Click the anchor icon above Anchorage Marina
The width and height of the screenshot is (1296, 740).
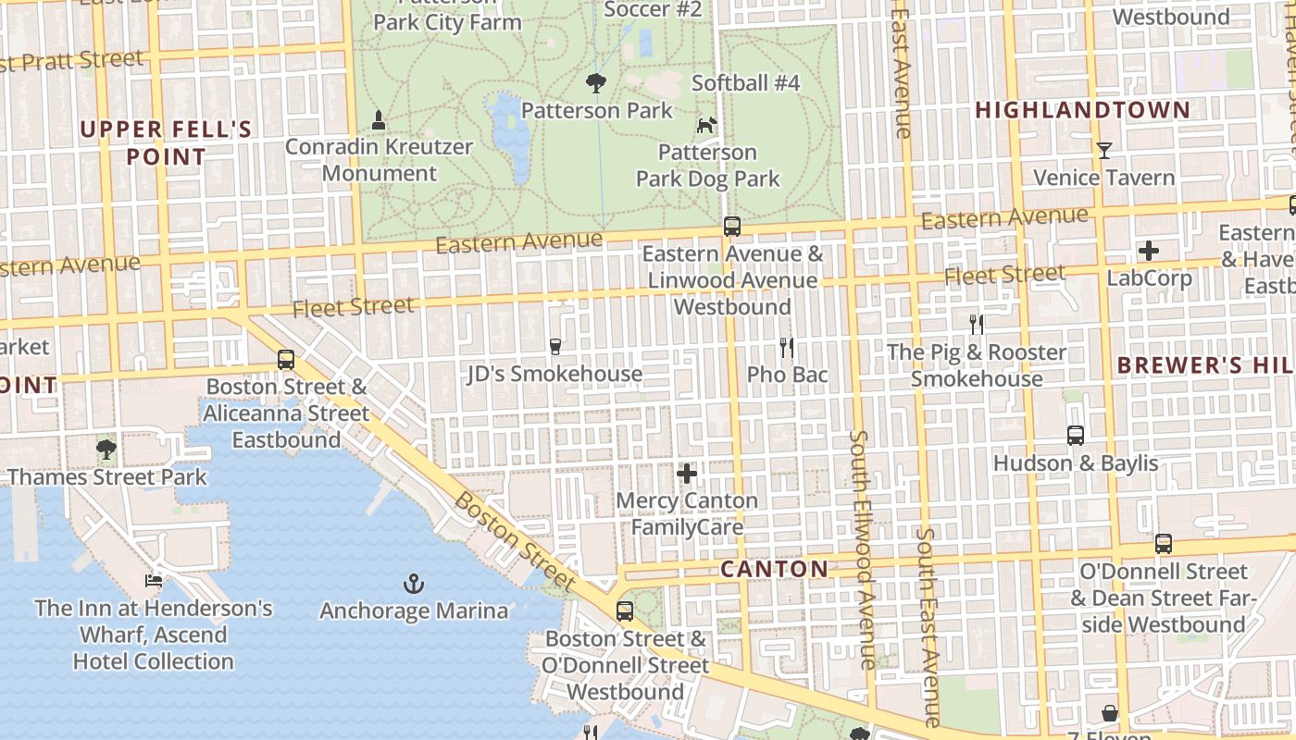pyautogui.click(x=414, y=584)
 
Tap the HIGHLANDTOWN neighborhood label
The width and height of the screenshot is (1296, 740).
pyautogui.click(x=1082, y=110)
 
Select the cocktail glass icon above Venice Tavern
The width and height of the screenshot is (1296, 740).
pyautogui.click(x=1103, y=150)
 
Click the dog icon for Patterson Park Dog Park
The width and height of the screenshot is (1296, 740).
pyautogui.click(x=707, y=124)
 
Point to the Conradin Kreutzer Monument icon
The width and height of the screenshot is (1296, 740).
pyautogui.click(x=378, y=119)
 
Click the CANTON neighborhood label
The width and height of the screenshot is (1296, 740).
pyautogui.click(x=774, y=569)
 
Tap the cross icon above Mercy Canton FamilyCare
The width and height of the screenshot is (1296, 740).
pyautogui.click(x=686, y=474)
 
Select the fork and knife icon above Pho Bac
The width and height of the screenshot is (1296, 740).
pyautogui.click(x=787, y=348)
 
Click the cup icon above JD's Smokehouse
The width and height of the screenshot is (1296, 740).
pyautogui.click(x=555, y=347)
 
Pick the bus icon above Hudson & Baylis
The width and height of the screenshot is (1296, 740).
pyautogui.click(x=1075, y=435)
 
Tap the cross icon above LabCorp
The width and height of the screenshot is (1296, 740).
pyautogui.click(x=1148, y=250)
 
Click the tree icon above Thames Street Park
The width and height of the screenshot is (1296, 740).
pyautogui.click(x=106, y=450)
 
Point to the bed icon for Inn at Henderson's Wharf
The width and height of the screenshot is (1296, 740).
pyautogui.click(x=154, y=581)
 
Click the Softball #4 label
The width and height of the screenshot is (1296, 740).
pyautogui.click(x=745, y=82)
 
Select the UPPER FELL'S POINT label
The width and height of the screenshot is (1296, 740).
pyautogui.click(x=166, y=142)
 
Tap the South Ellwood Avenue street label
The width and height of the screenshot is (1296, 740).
pyautogui.click(x=862, y=549)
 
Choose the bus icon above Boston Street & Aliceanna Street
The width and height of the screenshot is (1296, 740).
pyautogui.click(x=286, y=360)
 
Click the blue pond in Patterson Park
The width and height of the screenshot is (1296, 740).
pyautogui.click(x=510, y=134)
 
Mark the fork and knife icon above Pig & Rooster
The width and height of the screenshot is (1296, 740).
pyautogui.click(x=976, y=325)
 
